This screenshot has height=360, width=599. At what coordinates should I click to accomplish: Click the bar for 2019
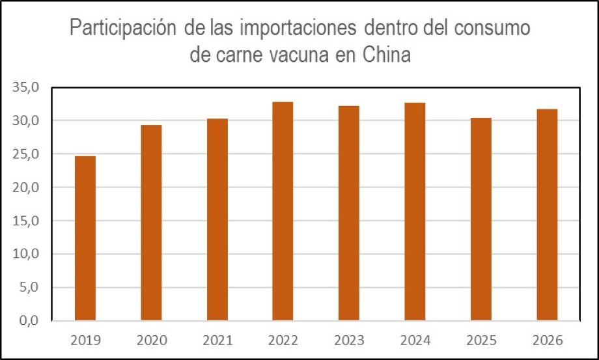coord(85,238)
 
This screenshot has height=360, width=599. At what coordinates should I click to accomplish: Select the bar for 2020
coord(151,223)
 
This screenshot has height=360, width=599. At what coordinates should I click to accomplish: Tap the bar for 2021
coord(217,219)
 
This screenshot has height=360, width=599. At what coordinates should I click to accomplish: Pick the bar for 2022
coord(283,211)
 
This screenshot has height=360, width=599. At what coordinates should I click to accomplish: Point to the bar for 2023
coord(348,213)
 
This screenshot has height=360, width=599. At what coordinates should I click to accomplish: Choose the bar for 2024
coord(415,212)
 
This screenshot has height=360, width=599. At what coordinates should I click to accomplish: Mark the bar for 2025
coord(481,219)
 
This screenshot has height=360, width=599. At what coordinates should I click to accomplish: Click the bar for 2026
coord(546,215)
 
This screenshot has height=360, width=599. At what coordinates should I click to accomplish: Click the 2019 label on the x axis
coord(85,340)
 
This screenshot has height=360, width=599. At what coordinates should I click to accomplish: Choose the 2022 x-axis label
coord(283,340)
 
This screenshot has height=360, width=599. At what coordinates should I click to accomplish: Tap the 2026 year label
coord(546,340)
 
